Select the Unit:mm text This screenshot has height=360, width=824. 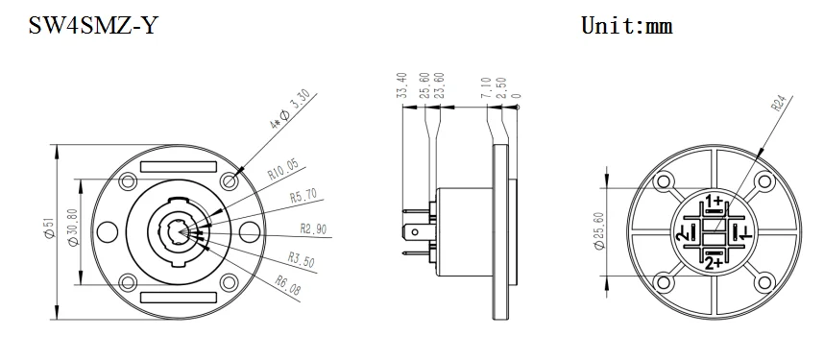tap(626, 26)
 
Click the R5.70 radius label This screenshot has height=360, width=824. tap(303, 199)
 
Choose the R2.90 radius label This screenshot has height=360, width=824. tap(314, 228)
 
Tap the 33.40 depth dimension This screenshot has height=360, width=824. tap(401, 84)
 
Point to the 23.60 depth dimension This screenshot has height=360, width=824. tap(440, 84)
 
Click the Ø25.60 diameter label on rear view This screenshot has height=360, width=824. tap(598, 230)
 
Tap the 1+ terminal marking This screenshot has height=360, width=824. tap(714, 201)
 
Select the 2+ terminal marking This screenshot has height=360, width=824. tap(713, 262)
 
